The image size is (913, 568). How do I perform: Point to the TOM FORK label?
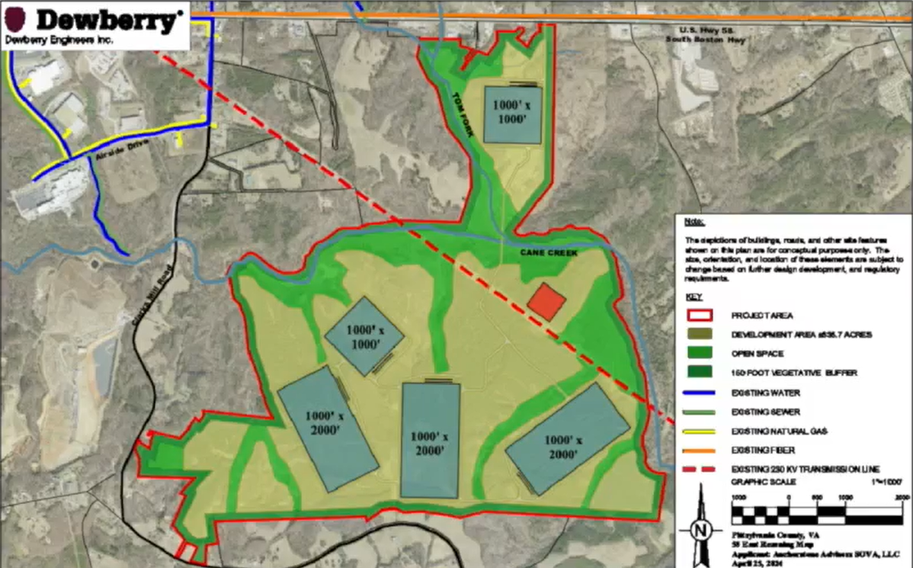point(464,115)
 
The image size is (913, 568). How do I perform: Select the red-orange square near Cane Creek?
point(546,301)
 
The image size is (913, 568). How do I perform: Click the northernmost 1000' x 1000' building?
point(513,114)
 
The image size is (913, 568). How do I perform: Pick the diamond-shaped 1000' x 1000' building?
point(364,336)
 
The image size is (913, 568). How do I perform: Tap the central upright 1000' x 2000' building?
point(431,439)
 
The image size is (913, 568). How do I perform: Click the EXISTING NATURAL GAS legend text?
point(768,432)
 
